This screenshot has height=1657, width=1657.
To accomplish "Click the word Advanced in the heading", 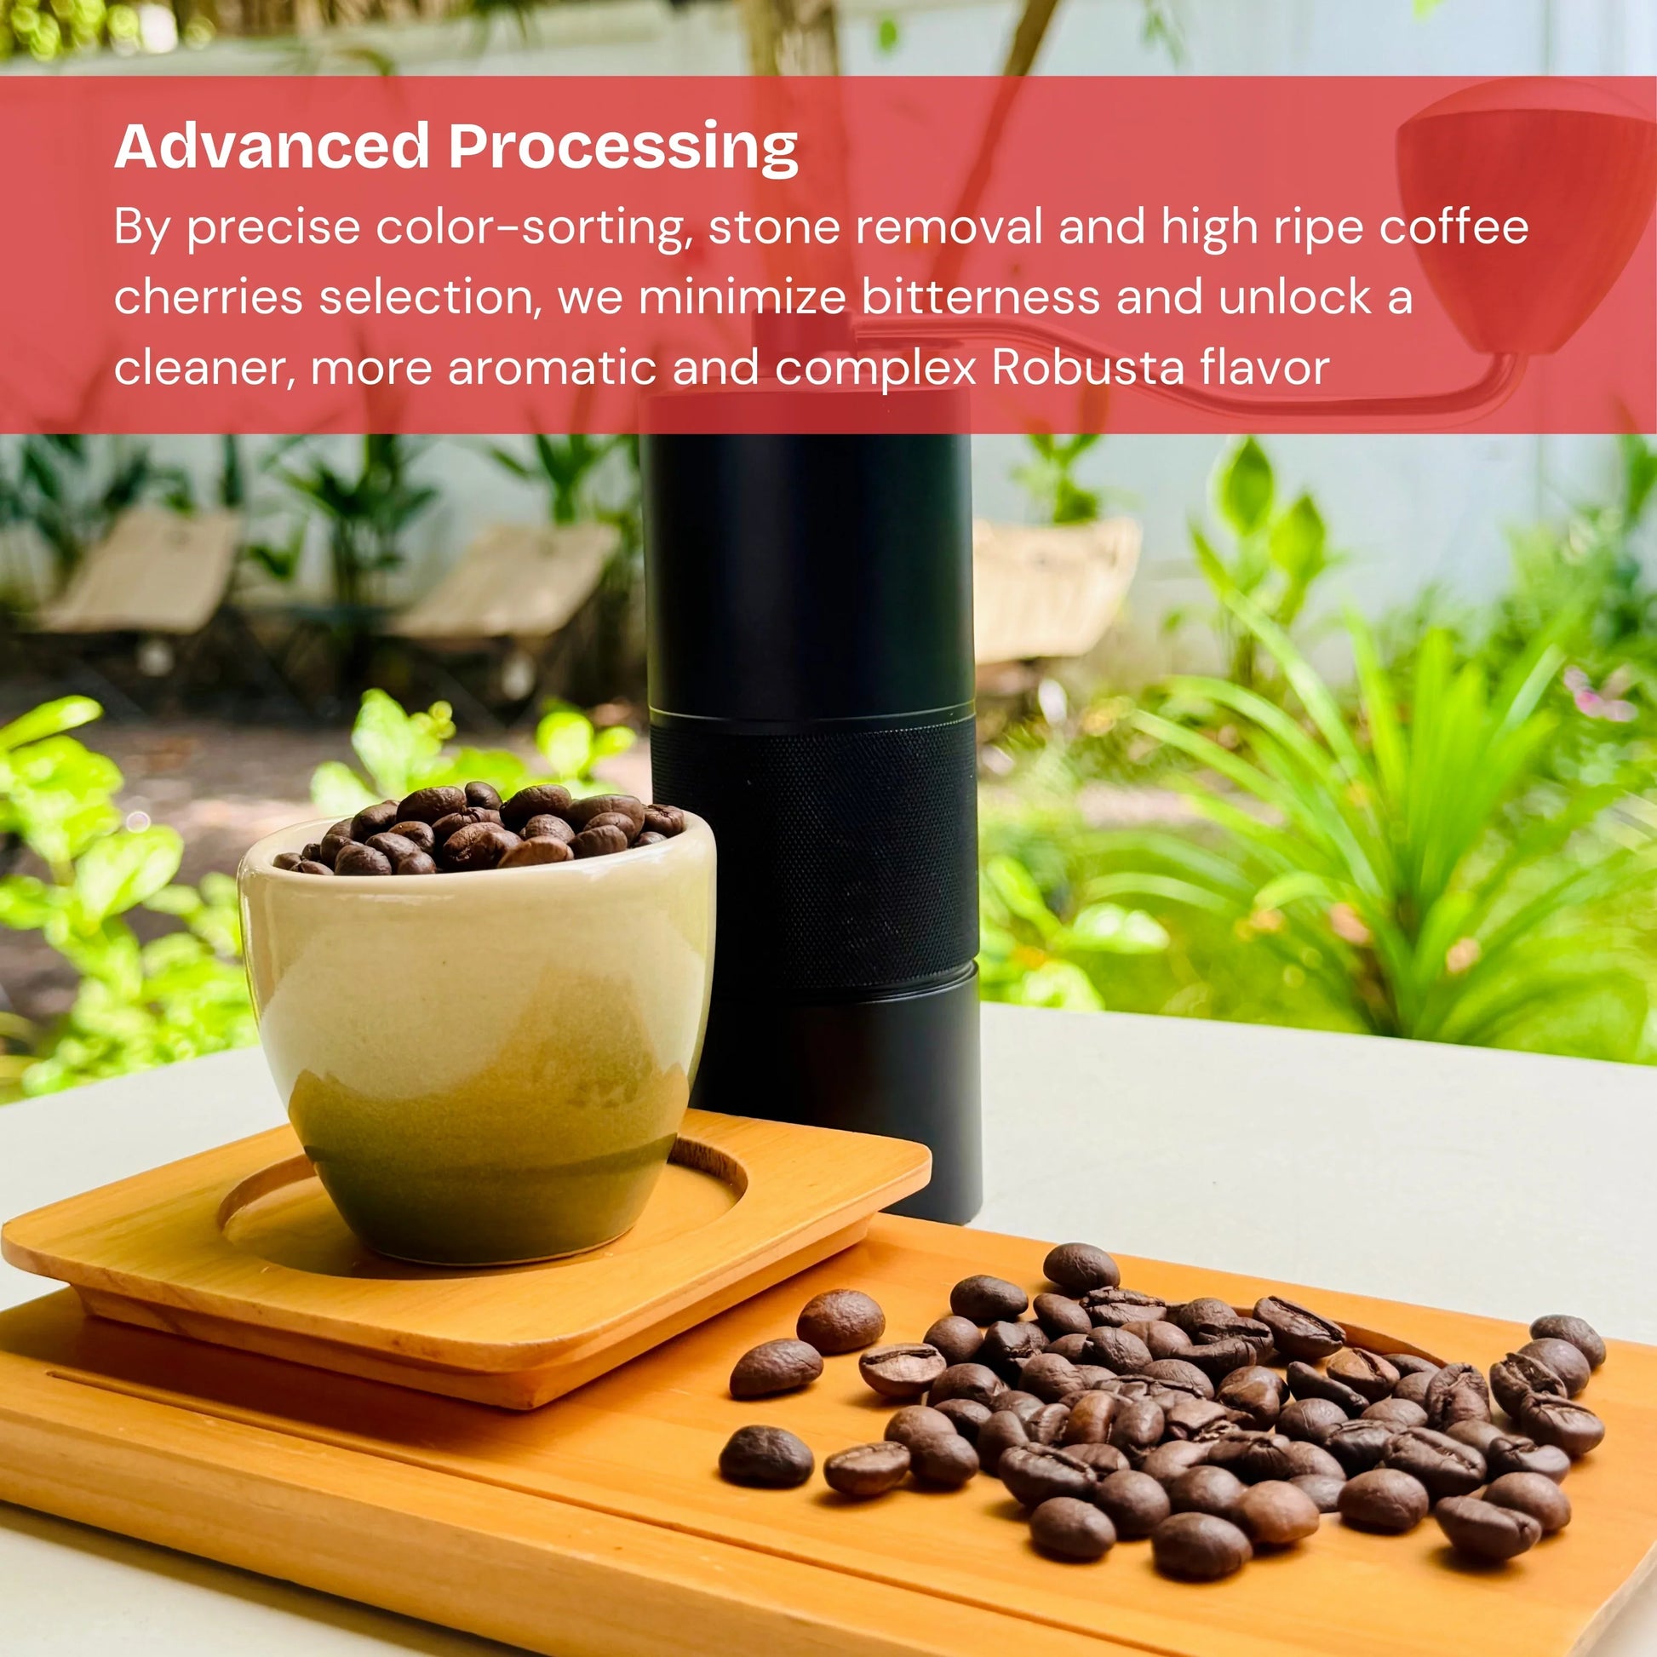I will click(x=271, y=146).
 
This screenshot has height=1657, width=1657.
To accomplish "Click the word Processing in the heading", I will click(x=622, y=147).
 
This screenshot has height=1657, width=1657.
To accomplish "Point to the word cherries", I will click(x=208, y=298).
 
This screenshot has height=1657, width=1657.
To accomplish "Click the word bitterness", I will click(x=980, y=298).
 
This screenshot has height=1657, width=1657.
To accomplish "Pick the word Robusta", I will click(x=1087, y=368).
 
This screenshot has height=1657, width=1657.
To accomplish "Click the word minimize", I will click(x=742, y=298).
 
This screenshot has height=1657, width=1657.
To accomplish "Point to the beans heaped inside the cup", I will click(x=480, y=828).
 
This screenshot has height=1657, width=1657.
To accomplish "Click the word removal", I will click(x=949, y=227).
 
